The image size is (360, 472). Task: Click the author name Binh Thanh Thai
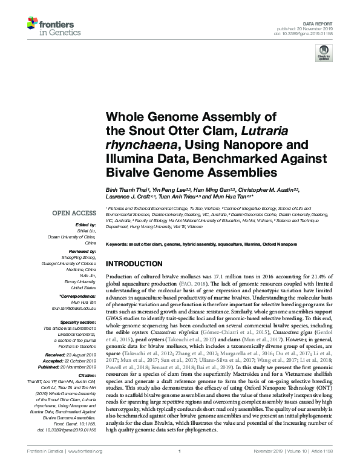pos(125,189)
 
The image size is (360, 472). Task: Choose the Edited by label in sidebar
pos(85,225)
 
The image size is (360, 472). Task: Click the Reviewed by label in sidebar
pos(83,250)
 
